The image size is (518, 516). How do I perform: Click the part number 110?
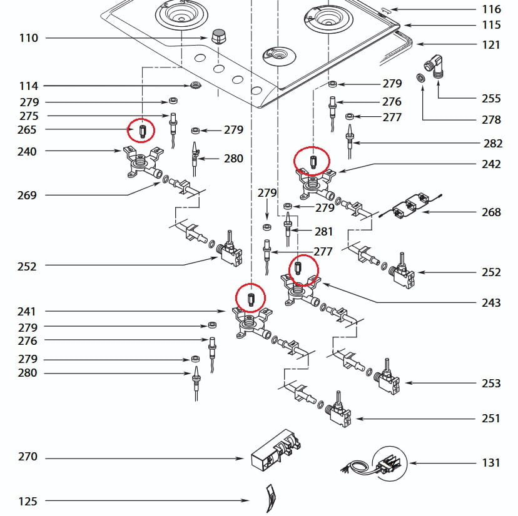point(29,38)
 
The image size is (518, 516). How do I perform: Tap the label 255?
point(491,98)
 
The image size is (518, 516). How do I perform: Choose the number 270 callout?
point(28,457)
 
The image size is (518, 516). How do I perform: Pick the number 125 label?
point(28,501)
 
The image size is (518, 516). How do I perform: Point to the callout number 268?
point(491,212)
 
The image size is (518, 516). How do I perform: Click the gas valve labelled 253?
point(389,379)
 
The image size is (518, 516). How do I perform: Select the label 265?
point(28,130)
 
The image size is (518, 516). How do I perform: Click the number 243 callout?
point(491,302)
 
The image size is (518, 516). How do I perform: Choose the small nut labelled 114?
point(196,86)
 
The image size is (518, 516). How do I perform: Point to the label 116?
point(491,9)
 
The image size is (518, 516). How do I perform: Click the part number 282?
point(493,143)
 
